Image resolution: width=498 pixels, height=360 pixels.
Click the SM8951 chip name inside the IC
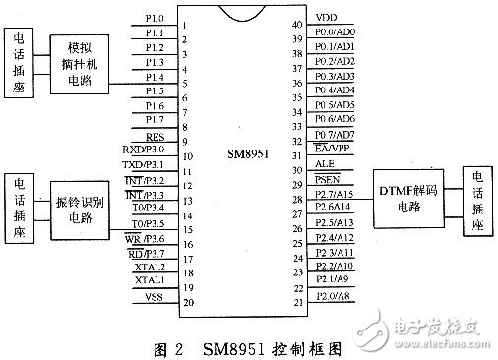point(250,155)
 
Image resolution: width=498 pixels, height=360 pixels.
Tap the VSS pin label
point(156,295)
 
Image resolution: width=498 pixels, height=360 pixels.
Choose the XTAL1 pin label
point(152,280)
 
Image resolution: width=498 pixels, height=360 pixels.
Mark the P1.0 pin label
point(155,17)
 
